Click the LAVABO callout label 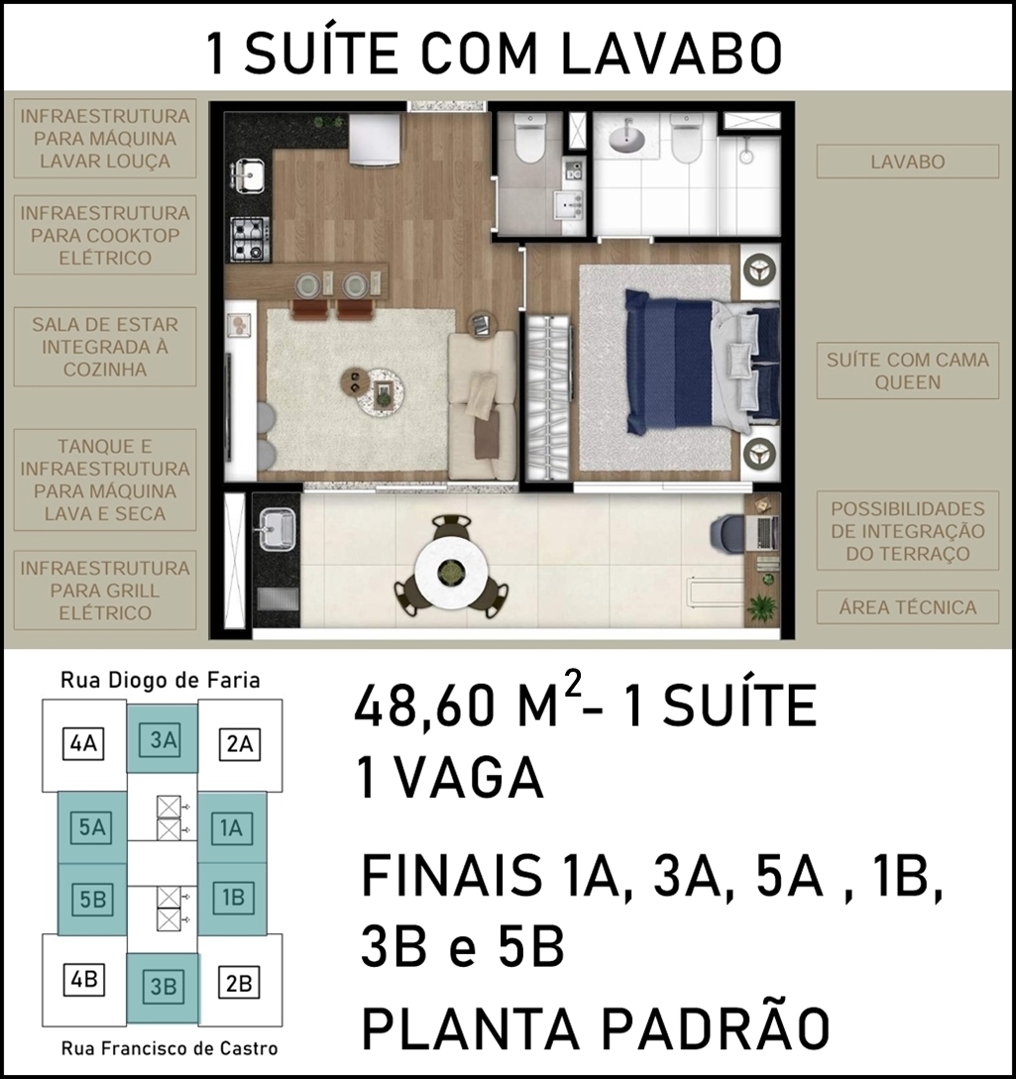[x=907, y=162]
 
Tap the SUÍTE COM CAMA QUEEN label [x=907, y=371]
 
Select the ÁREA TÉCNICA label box [x=907, y=607]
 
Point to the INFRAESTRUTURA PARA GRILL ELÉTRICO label [x=105, y=591]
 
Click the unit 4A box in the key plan [x=83, y=744]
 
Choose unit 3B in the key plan [x=164, y=986]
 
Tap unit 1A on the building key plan [x=232, y=828]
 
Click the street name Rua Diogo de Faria [x=161, y=681]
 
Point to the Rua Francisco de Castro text [x=169, y=1048]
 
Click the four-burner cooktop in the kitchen [x=249, y=239]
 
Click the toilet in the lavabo [x=529, y=138]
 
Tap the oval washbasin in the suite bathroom [x=626, y=137]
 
